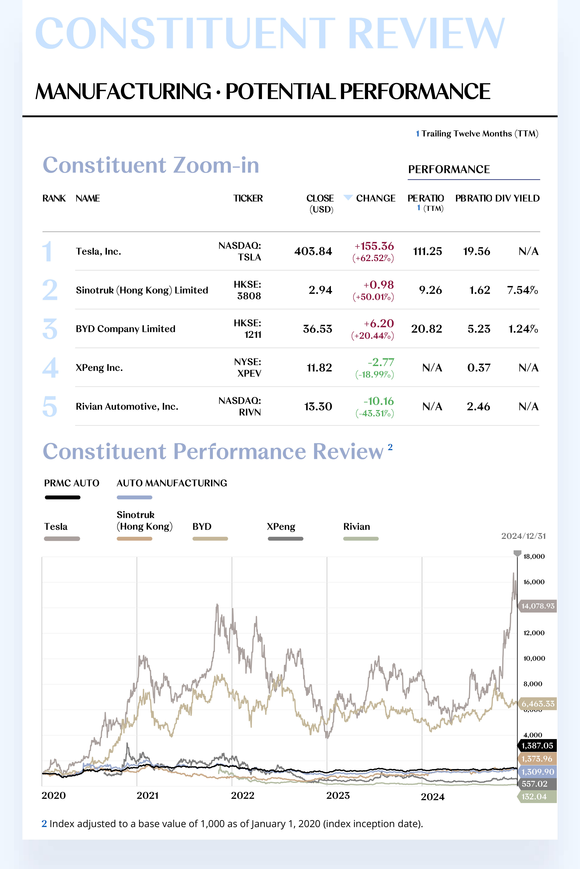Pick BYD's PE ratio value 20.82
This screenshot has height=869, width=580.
[426, 329]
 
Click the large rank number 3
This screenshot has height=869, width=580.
[50, 329]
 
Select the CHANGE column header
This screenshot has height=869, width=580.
[375, 198]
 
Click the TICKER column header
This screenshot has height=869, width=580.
[248, 198]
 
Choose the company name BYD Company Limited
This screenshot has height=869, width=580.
[125, 329]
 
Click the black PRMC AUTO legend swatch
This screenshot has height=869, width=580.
[62, 497]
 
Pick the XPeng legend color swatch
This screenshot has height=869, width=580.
[285, 539]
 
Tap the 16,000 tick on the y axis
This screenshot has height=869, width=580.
[534, 582]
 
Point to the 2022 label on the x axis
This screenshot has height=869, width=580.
[243, 795]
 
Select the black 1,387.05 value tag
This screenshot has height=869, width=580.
[537, 746]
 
